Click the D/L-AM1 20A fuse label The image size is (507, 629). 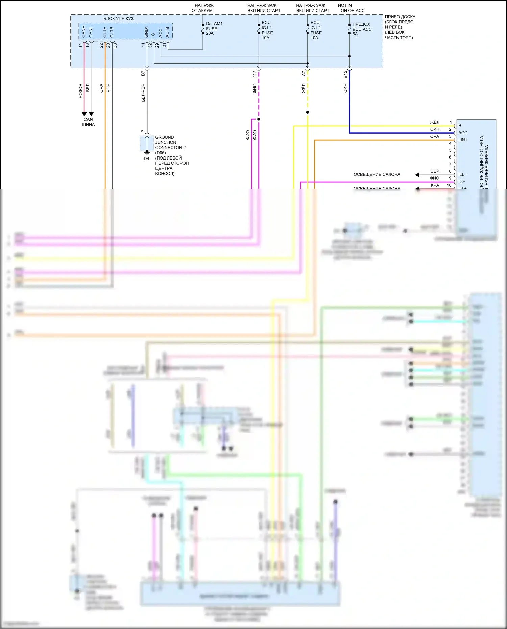[214, 28]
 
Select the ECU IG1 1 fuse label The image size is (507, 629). [267, 30]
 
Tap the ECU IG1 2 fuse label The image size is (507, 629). [316, 30]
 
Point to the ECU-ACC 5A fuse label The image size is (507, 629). [362, 29]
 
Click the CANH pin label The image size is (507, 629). [84, 31]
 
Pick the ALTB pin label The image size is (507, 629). [167, 32]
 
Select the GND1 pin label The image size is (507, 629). [146, 32]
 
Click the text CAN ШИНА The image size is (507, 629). [88, 122]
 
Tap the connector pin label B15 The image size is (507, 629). [345, 74]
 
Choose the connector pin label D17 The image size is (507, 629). [255, 75]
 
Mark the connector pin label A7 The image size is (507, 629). [304, 73]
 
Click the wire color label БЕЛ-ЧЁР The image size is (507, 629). [143, 93]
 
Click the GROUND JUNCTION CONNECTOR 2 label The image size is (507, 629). [170, 142]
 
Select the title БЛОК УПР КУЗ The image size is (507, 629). [118, 19]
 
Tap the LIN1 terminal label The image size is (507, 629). [462, 140]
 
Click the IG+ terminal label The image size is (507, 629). [462, 182]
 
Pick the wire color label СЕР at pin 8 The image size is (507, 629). [435, 171]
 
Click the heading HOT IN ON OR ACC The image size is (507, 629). [352, 8]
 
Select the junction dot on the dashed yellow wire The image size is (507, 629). [308, 112]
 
